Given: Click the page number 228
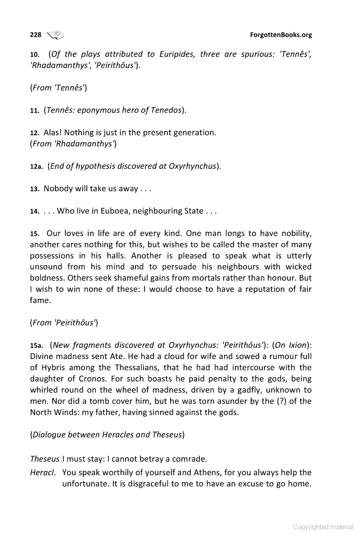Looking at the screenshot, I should [36, 35].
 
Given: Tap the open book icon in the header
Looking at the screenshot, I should [56, 34].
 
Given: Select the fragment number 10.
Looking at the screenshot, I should [34, 54].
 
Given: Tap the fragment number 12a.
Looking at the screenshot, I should [36, 166].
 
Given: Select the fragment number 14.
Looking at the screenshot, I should [34, 211].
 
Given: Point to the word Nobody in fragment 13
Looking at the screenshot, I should [58, 189].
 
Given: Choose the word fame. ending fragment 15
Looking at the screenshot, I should [40, 300].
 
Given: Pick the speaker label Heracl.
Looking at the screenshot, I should [44, 472].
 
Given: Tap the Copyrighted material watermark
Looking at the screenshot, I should [323, 527].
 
